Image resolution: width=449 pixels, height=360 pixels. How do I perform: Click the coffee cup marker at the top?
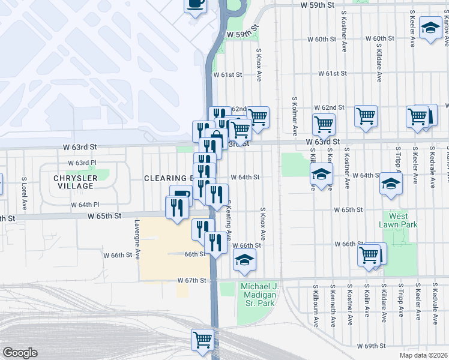(x=195, y=5)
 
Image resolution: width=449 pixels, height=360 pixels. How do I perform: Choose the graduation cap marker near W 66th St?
(x=244, y=259)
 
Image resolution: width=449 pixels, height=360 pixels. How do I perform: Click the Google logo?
(x=20, y=353)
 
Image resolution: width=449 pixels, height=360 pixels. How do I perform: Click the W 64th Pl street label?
(x=84, y=205)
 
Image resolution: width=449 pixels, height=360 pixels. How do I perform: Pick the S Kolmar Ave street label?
(x=294, y=116)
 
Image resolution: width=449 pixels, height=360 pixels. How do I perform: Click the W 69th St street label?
(x=370, y=346)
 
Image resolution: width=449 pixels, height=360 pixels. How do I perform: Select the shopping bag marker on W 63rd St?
(x=215, y=137)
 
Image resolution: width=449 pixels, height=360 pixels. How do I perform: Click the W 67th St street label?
(x=192, y=280)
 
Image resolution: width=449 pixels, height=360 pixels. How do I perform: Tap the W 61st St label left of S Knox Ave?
(x=228, y=75)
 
